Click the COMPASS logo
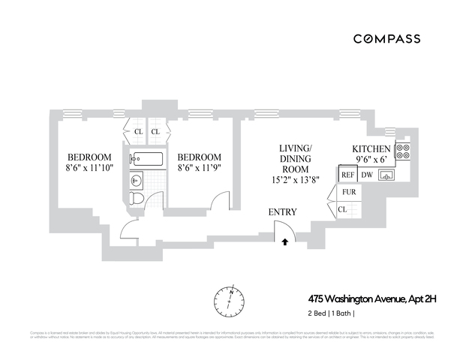click(x=386, y=38)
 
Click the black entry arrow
click(x=285, y=241)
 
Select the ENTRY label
click(x=282, y=212)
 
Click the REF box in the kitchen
click(x=347, y=175)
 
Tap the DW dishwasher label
click(x=368, y=175)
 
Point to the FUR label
click(x=349, y=192)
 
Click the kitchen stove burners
click(x=402, y=152)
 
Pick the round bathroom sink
click(x=136, y=180)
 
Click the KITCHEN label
click(x=372, y=148)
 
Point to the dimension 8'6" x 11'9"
click(x=200, y=168)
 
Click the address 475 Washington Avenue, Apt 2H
click(x=372, y=298)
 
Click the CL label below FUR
click(x=342, y=209)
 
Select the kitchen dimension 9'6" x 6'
click(x=372, y=160)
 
